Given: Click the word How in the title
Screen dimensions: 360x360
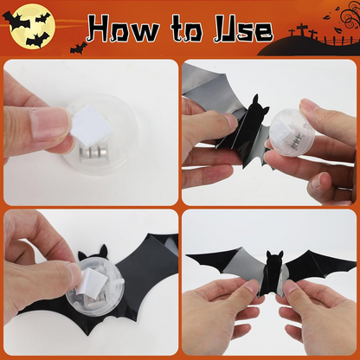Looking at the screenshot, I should [x=122, y=29].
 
